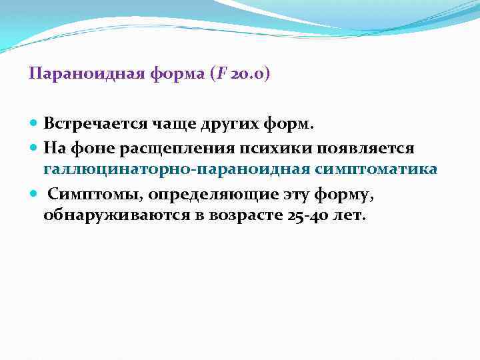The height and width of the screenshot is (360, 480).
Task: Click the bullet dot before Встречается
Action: coord(34,124)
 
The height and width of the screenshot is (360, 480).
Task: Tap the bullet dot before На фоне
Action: coord(34,147)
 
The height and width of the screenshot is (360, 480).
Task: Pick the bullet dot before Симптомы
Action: coord(34,193)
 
